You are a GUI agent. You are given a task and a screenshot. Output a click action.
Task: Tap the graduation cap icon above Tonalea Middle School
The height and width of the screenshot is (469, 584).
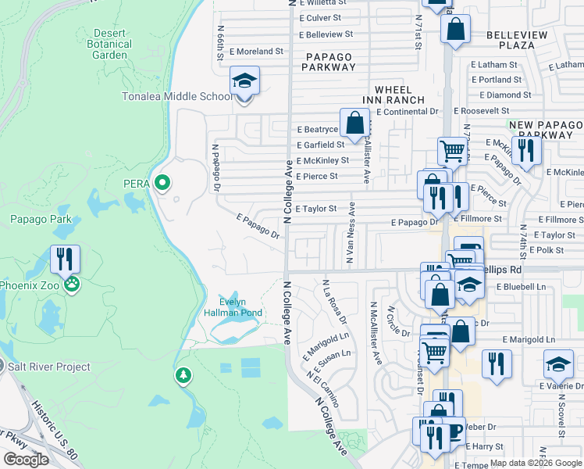click(x=244, y=81)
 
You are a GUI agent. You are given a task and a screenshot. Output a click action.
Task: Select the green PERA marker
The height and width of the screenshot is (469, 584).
click(x=162, y=184)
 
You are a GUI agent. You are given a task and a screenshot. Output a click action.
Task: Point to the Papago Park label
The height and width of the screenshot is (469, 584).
click(x=40, y=219)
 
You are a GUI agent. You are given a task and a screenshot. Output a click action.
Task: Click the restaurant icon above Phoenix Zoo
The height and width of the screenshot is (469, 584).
click(x=66, y=259)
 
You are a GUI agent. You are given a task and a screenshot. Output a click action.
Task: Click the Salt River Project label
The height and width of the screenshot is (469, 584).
click(x=50, y=367)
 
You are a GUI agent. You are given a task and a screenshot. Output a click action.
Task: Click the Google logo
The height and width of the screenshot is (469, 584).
click(x=26, y=460)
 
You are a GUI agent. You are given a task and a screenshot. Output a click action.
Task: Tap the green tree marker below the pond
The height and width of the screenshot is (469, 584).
click(x=183, y=377)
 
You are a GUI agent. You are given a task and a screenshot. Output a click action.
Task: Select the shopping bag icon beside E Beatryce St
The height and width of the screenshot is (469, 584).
click(x=354, y=123)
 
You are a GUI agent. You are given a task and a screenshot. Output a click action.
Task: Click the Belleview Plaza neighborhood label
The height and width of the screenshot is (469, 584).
click(x=521, y=41)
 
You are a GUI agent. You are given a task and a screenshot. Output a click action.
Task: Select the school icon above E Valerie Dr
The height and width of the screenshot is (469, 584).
click(x=558, y=364)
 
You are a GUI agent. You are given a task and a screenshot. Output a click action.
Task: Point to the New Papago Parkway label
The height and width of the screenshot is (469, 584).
click(x=545, y=131)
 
